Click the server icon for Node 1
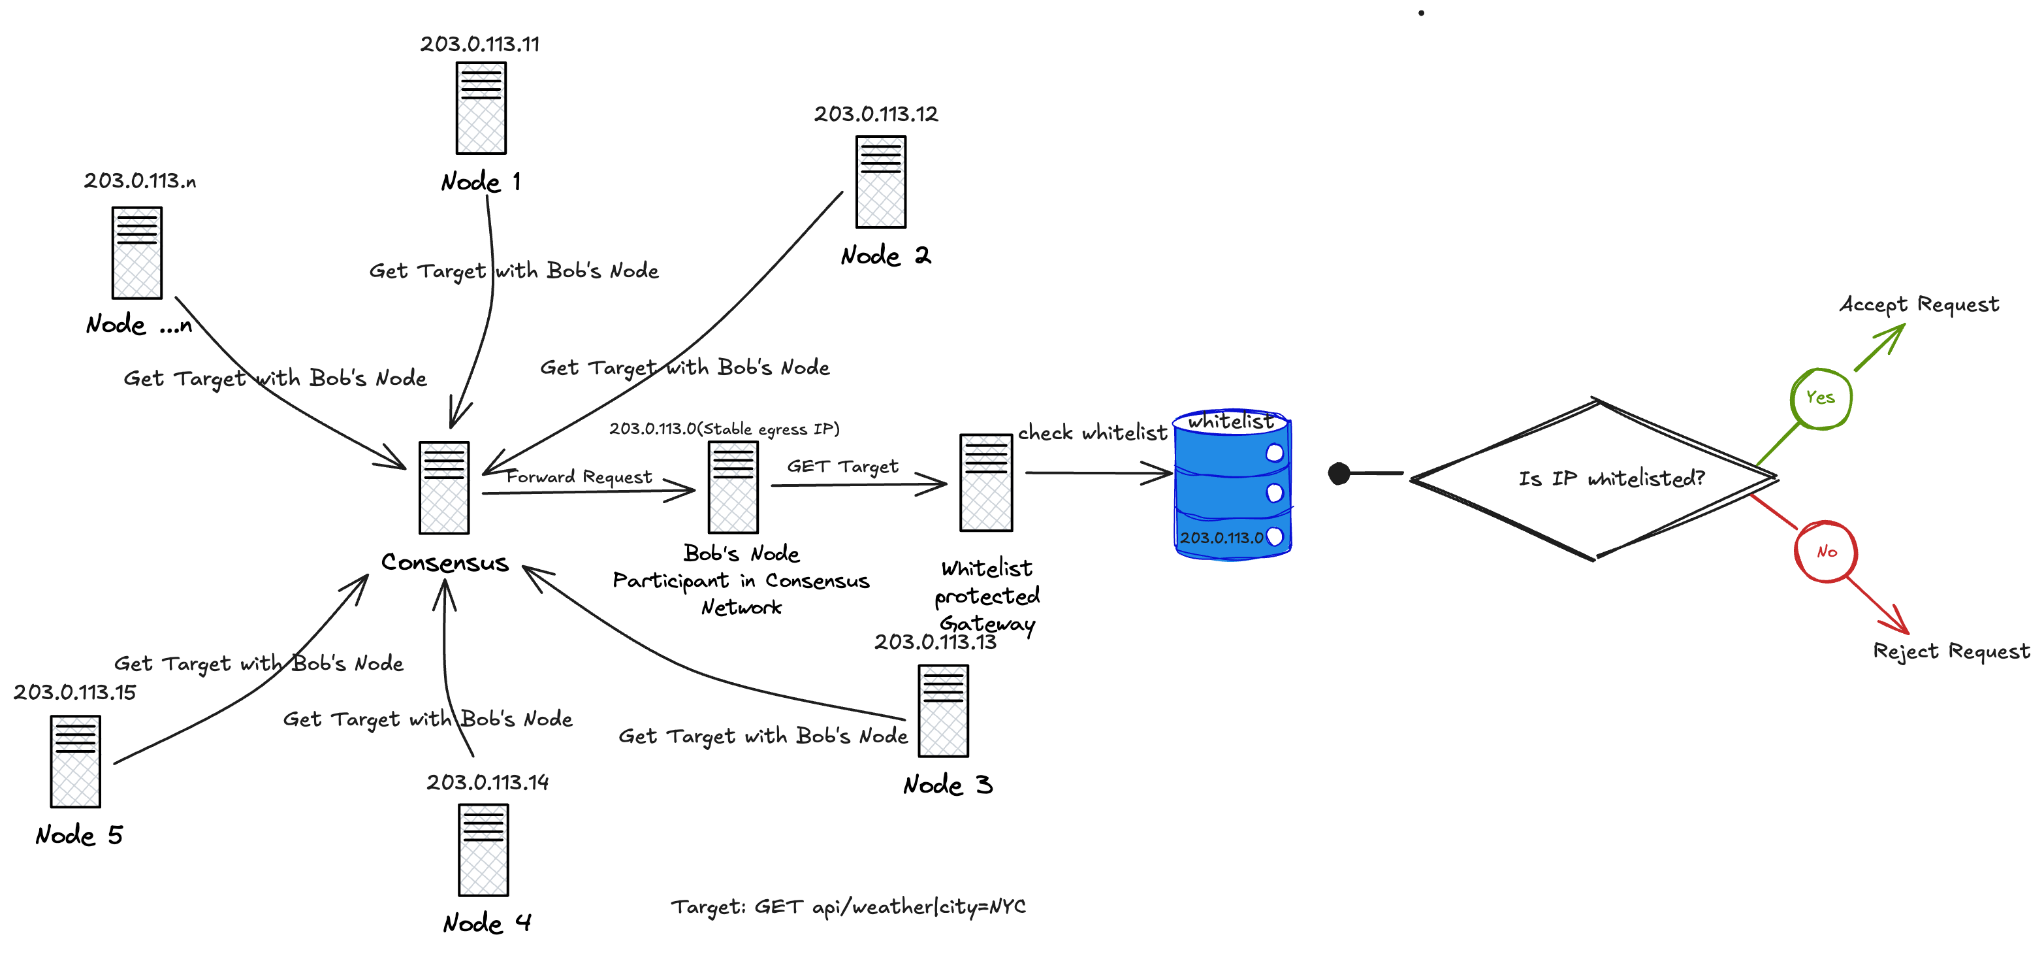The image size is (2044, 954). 481,108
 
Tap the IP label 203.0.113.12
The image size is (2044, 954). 876,114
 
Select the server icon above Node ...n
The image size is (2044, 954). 136,252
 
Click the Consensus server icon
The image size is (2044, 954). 444,487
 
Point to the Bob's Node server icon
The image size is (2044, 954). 733,487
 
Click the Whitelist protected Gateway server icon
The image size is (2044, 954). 985,483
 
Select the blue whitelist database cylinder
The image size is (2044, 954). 1232,485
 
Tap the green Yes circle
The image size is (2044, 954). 1820,399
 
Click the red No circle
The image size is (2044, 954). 1826,551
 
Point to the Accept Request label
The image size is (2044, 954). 1919,304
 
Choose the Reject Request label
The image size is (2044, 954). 1951,651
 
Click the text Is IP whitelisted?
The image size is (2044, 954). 1611,478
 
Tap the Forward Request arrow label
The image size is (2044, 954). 579,476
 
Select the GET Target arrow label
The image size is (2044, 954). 842,466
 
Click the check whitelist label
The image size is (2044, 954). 1092,433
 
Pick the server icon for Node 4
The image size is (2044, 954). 483,850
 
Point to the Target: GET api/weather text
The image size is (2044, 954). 848,906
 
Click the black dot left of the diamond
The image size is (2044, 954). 1339,474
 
